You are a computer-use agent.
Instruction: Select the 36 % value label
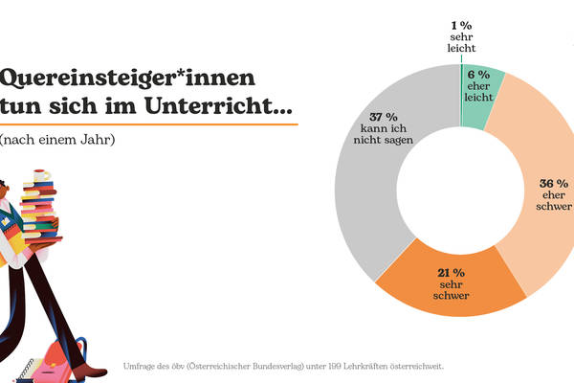coord(555,183)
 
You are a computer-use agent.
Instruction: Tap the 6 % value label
coord(478,74)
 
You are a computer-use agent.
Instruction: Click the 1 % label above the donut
coord(461,25)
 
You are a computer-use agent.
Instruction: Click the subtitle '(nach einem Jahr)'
coord(58,140)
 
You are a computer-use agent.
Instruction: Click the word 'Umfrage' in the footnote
coord(141,366)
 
